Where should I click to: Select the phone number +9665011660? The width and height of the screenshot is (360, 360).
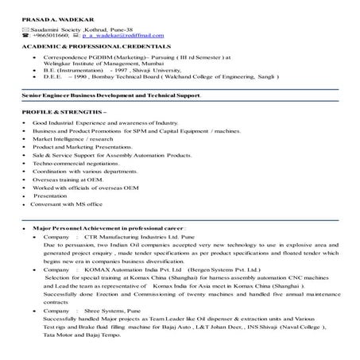pyautogui.click(x=49, y=37)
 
